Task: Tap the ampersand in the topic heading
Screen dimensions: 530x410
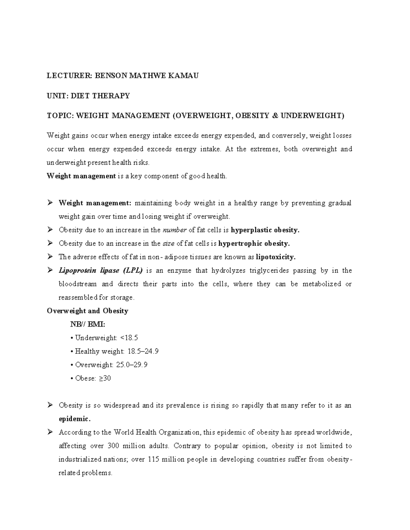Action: (x=275, y=116)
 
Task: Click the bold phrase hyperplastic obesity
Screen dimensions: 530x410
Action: (x=265, y=230)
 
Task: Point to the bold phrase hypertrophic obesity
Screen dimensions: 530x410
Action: (x=254, y=244)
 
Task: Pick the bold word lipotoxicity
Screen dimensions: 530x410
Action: (x=276, y=257)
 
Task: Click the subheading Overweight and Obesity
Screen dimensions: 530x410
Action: (x=87, y=311)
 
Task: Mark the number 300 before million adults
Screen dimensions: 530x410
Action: (x=113, y=446)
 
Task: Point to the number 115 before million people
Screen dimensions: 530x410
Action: (x=153, y=459)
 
